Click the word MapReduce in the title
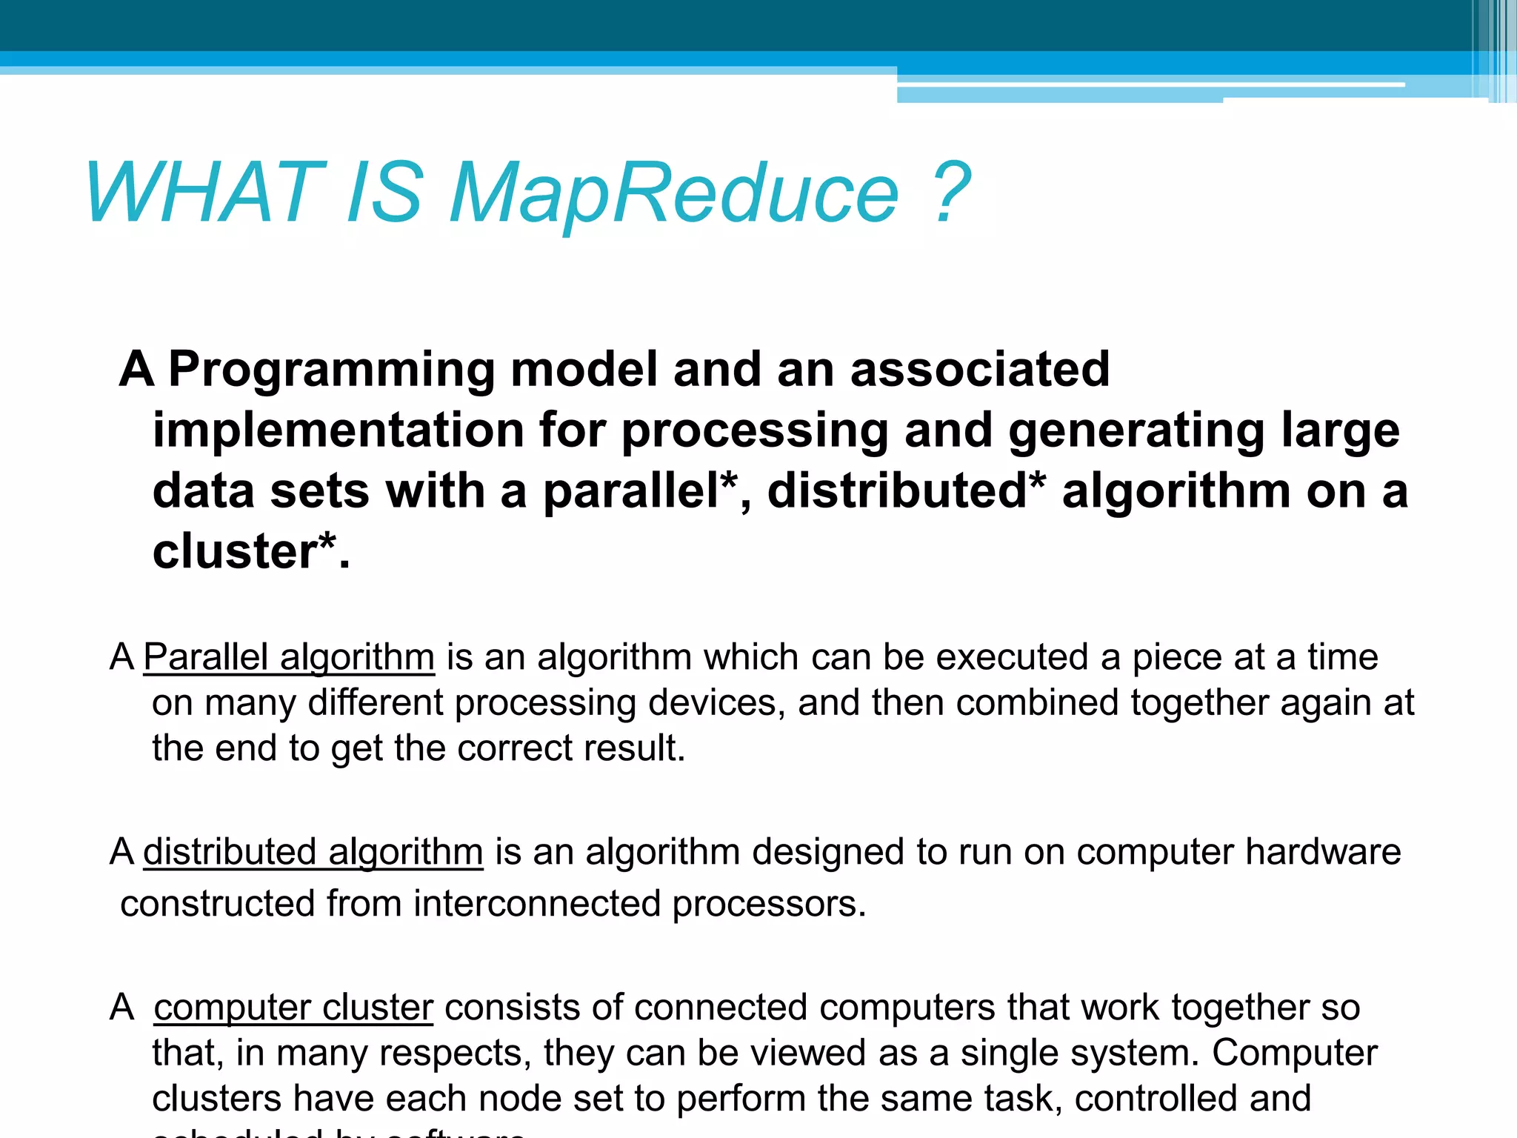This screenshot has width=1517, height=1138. click(x=674, y=194)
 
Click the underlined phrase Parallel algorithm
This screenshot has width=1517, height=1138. click(x=289, y=657)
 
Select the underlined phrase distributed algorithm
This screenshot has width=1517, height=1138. click(x=313, y=852)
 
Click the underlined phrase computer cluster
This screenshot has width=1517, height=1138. click(x=293, y=1008)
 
